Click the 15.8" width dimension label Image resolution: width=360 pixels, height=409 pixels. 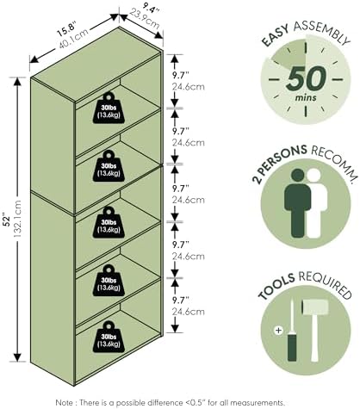click(65, 29)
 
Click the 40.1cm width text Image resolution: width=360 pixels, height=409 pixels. click(74, 39)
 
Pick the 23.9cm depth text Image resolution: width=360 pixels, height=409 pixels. click(144, 19)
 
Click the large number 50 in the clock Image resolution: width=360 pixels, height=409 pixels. click(307, 77)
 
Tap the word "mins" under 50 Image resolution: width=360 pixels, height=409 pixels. click(306, 97)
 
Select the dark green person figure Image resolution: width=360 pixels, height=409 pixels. click(298, 203)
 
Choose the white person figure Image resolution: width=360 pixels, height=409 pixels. click(317, 203)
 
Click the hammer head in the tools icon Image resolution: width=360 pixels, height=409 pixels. click(314, 307)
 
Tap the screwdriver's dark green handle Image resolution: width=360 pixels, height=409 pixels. click(292, 346)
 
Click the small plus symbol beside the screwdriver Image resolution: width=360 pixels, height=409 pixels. click(278, 330)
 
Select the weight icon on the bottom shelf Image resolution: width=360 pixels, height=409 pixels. click(109, 337)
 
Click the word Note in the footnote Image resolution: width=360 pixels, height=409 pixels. click(65, 403)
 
